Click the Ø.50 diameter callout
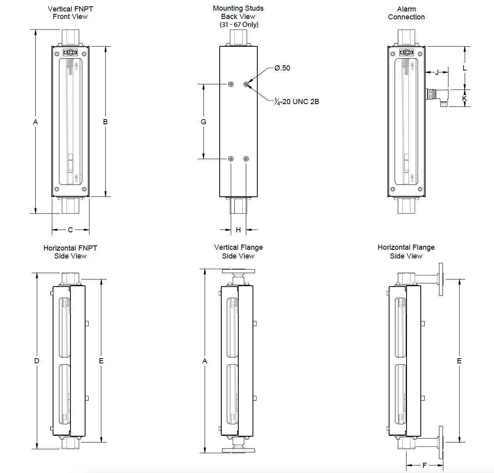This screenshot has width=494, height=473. [x=282, y=68]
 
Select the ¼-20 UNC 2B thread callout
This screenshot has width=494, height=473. [x=297, y=102]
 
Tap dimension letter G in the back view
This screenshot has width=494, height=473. [x=203, y=122]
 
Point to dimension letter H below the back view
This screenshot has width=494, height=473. [x=238, y=230]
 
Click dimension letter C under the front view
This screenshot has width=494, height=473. [x=70, y=230]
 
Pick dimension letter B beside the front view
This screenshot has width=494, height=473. [x=105, y=122]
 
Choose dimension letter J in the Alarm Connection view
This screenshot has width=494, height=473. [x=437, y=72]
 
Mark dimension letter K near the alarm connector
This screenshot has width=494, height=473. [x=464, y=99]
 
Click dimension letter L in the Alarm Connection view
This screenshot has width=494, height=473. [x=464, y=68]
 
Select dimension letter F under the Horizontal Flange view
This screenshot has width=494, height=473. [x=424, y=465]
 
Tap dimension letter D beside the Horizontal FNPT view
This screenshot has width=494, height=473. [x=37, y=361]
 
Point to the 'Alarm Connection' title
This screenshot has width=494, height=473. [x=406, y=13]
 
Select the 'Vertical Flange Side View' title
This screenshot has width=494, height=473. [x=238, y=252]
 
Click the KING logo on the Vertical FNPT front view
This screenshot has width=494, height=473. [x=70, y=53]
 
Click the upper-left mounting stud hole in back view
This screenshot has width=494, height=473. [x=231, y=84]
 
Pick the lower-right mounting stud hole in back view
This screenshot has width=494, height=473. [x=246, y=159]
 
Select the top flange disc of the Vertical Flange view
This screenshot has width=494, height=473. [x=238, y=272]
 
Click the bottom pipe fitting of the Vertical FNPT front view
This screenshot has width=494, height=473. [x=70, y=206]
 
